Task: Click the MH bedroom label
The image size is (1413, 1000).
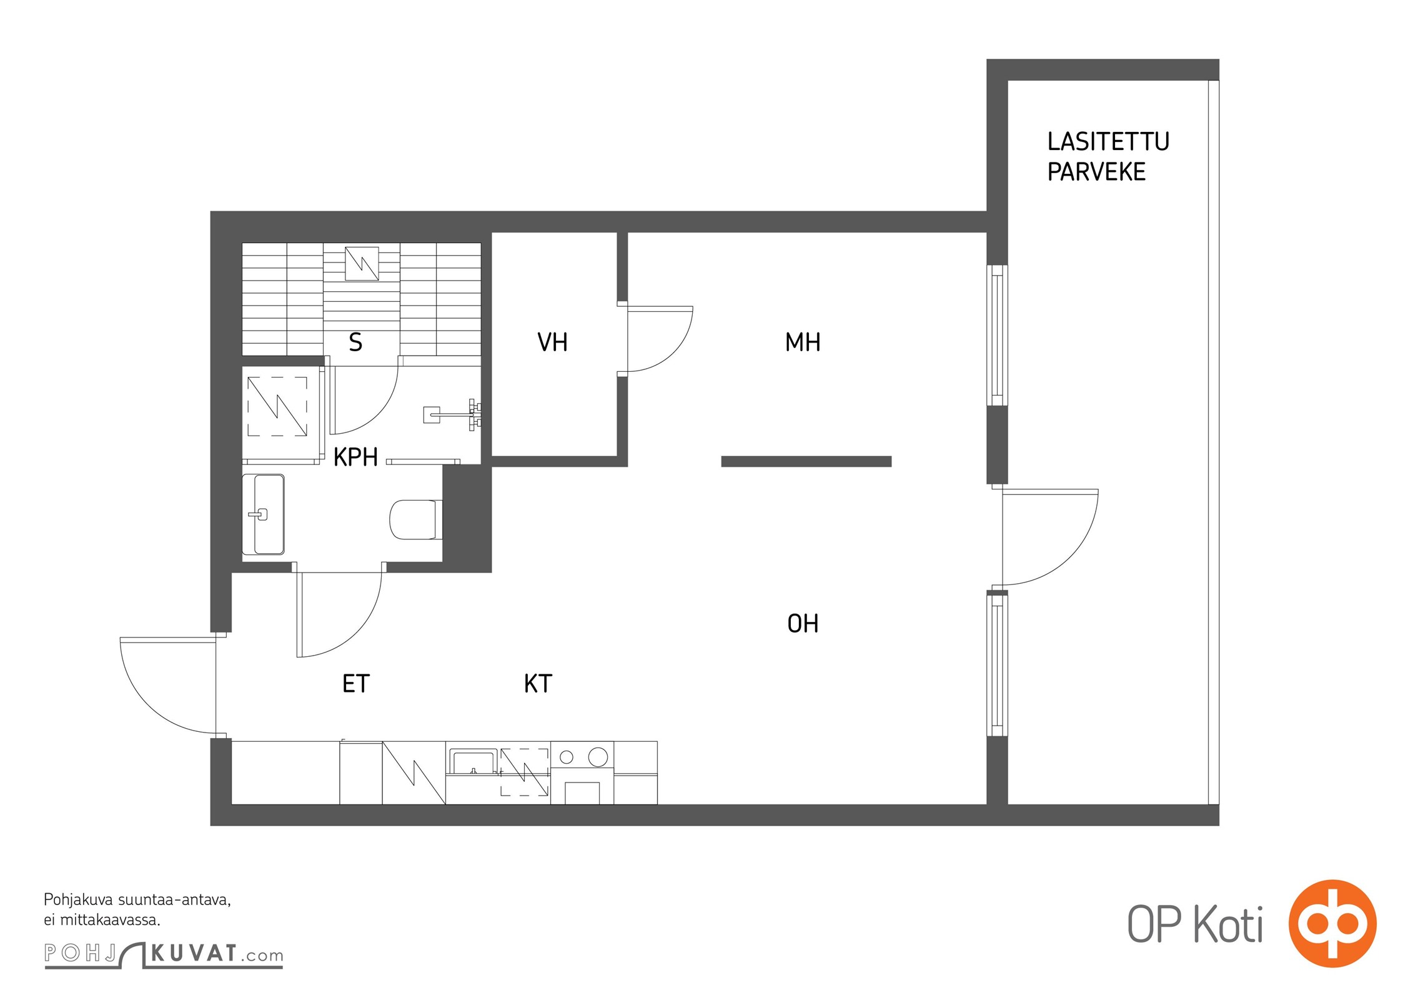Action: (803, 342)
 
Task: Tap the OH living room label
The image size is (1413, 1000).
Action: (803, 623)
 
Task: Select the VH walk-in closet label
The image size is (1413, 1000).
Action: (552, 342)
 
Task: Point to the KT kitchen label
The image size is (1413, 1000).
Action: (538, 684)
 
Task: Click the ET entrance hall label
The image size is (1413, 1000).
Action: (356, 684)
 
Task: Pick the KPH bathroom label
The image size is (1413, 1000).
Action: (355, 457)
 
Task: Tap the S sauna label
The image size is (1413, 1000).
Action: (355, 342)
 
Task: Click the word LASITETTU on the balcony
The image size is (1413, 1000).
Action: (1108, 142)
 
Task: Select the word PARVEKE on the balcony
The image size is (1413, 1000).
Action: (1096, 172)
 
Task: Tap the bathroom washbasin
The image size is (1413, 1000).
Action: (264, 514)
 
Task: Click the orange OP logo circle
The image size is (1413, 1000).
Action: (1332, 923)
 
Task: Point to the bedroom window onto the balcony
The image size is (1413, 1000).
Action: (997, 335)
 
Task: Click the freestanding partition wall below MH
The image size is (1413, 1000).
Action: (806, 462)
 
